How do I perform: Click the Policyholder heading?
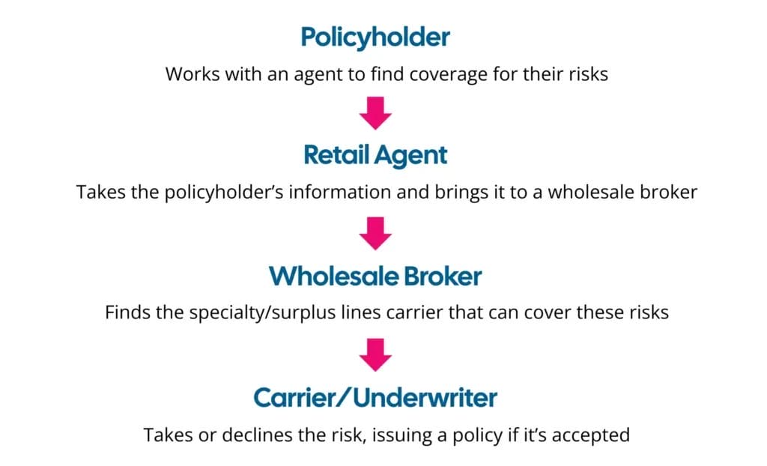pos(375,37)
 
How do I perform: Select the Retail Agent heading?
pos(375,155)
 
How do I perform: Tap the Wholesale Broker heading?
pos(375,276)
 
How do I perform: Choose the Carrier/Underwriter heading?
pos(375,398)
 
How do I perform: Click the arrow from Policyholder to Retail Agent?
pos(375,115)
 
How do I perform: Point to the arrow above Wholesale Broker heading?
pos(375,234)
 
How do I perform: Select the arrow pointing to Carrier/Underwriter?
pos(375,356)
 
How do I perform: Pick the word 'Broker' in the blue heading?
pos(443,276)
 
